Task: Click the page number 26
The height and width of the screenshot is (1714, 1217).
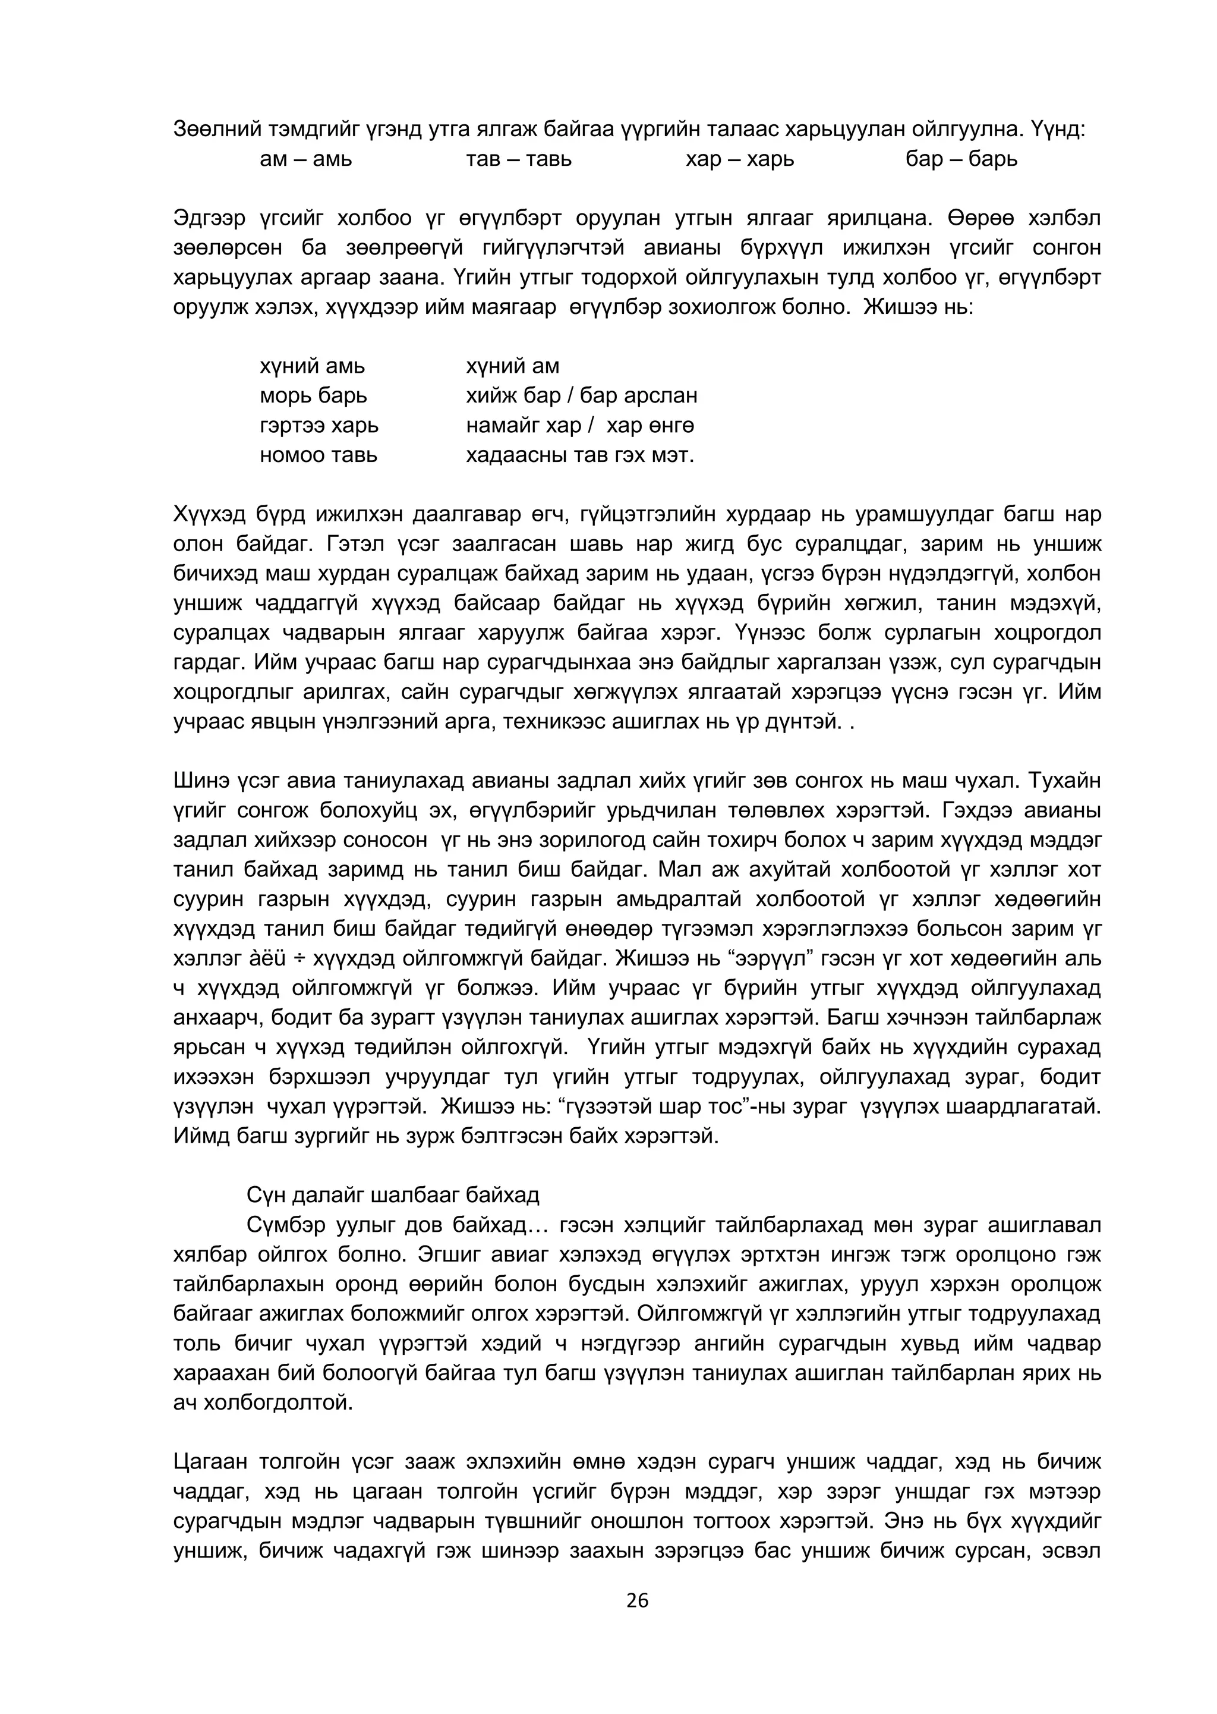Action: pyautogui.click(x=637, y=1601)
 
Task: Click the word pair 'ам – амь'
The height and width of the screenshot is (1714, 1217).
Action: pyautogui.click(x=306, y=160)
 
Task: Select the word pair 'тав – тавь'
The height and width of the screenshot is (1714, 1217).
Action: pyautogui.click(x=519, y=160)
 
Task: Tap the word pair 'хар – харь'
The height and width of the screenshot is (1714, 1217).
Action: pyautogui.click(x=740, y=160)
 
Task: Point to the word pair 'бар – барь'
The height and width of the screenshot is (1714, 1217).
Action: pyautogui.click(x=961, y=160)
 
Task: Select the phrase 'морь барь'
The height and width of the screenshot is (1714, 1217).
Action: pyautogui.click(x=313, y=395)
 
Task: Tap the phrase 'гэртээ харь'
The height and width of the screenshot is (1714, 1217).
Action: pyautogui.click(x=319, y=425)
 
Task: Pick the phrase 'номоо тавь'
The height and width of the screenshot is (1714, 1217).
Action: pyautogui.click(x=319, y=455)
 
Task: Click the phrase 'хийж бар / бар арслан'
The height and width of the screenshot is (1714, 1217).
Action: pyautogui.click(x=582, y=395)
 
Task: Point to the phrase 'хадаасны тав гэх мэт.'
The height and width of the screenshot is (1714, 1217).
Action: pyautogui.click(x=580, y=455)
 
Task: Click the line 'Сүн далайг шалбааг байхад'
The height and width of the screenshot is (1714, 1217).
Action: pyautogui.click(x=393, y=1194)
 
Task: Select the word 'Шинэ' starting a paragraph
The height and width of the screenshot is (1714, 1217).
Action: pyautogui.click(x=199, y=781)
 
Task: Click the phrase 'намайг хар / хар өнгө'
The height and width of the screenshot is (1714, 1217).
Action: pyautogui.click(x=580, y=425)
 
